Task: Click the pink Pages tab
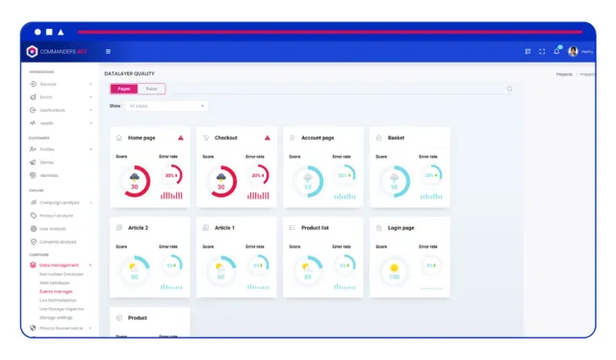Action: coord(124,89)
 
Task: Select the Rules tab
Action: coord(151,89)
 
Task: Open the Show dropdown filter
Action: coord(167,106)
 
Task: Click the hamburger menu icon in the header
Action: coord(108,51)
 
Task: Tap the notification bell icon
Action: coord(557,51)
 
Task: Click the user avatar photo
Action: coord(573,51)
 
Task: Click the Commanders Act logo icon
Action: coord(32,51)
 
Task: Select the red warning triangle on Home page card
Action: coord(181,138)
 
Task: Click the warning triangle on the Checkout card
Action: coord(267,138)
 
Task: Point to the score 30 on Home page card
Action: coord(134,187)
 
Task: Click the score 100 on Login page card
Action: coord(393,277)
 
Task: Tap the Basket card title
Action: coord(396,138)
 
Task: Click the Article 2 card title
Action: coord(139,228)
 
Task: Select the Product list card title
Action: coord(316,228)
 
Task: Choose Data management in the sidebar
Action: coord(59,264)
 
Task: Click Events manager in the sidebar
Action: coord(56,291)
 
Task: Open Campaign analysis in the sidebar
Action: coord(60,202)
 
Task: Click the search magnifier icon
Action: coord(509,90)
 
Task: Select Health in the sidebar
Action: coord(47,123)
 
